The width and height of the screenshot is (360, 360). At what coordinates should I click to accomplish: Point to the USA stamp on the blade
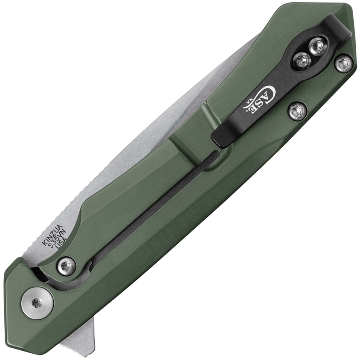61,245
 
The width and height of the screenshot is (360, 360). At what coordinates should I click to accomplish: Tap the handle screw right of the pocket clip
343,64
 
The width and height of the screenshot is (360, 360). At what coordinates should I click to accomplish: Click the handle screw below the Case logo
298,111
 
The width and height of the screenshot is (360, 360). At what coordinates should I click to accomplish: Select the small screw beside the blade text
66,266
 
